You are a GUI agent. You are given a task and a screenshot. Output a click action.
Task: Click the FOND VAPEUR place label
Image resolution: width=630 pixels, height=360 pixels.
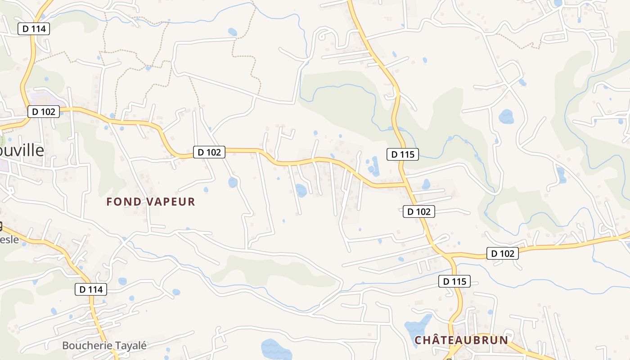tap(151, 202)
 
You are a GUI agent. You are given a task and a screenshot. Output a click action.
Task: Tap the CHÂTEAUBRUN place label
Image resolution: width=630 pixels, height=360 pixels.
tap(461, 340)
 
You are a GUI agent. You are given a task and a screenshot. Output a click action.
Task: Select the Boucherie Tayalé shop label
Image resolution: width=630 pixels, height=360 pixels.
tap(104, 346)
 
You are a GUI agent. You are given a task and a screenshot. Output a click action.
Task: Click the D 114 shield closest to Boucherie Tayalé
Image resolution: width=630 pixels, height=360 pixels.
tap(91, 289)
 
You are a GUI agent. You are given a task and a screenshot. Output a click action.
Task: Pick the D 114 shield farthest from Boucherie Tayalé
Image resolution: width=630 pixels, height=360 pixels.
tap(34, 29)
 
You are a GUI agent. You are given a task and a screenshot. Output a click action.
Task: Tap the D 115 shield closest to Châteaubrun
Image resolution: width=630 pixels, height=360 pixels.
tap(454, 282)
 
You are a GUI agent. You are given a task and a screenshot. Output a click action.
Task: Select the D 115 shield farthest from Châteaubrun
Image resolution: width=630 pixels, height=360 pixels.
tap(403, 154)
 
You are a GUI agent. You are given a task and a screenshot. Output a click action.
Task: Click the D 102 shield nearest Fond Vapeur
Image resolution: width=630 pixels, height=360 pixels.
tap(209, 152)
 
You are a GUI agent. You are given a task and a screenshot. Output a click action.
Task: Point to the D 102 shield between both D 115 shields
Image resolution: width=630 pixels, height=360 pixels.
tap(419, 211)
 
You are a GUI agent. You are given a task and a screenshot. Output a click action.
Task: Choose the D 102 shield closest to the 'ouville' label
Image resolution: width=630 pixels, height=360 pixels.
tap(44, 112)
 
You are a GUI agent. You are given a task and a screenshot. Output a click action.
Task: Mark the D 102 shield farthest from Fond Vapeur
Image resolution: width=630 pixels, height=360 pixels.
tap(503, 253)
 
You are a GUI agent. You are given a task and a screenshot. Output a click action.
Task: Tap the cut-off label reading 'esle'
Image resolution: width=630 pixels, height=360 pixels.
tap(9, 239)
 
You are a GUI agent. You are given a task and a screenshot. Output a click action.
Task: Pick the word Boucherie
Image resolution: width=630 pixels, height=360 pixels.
tap(84, 346)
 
